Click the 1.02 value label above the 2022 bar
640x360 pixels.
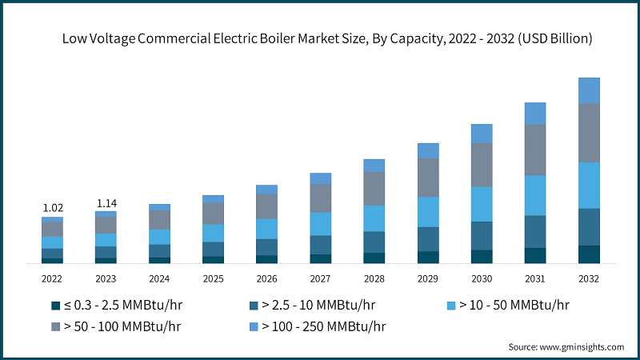point(53,207)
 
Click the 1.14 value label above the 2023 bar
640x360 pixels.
point(106,203)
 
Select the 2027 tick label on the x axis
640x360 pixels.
point(320,278)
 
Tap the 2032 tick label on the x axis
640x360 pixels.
point(589,278)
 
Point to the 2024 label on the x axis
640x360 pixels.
point(159,278)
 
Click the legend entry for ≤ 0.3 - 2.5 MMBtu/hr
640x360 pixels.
point(110,305)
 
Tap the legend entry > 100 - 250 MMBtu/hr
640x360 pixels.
point(317,326)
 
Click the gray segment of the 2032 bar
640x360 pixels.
point(589,133)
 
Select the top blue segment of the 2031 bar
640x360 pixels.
point(535,114)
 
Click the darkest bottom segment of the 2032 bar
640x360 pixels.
point(589,254)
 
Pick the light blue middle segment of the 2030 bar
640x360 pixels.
point(482,204)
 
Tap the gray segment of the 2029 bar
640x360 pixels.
point(428,178)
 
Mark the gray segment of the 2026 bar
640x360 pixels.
point(266,206)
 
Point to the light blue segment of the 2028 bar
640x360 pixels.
point(374,218)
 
